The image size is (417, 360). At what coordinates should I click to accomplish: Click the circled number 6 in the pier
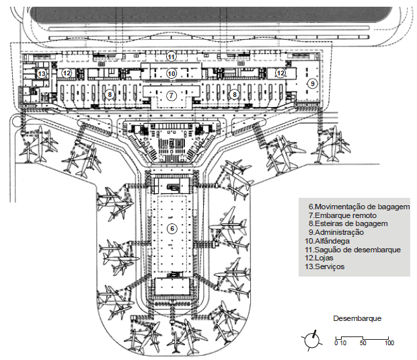(172, 229)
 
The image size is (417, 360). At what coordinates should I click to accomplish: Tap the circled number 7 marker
(172, 96)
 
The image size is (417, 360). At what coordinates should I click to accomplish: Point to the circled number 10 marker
(172, 73)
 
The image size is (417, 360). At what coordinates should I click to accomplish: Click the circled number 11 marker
(172, 56)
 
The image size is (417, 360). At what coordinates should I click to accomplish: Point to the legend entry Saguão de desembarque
(353, 250)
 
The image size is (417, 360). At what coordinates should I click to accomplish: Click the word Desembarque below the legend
(357, 317)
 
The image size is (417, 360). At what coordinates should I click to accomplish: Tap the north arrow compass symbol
(312, 340)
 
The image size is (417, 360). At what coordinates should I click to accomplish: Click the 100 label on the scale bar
(389, 344)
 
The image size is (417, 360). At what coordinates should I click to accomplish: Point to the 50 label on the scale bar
(363, 344)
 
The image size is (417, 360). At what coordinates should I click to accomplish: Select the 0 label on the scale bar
(336, 344)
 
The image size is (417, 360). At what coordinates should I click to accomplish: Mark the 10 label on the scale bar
(343, 344)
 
